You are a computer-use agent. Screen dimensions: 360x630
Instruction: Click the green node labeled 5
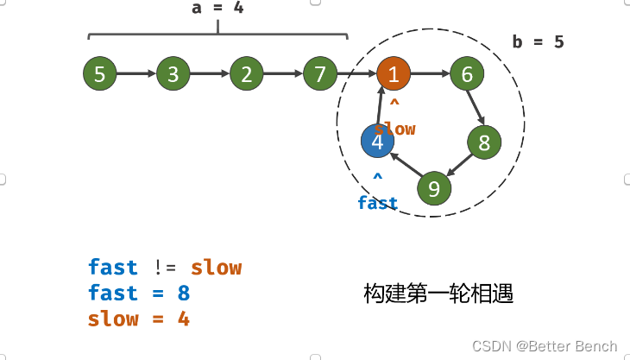pyautogui.click(x=100, y=74)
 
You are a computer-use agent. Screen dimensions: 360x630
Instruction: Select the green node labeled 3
pyautogui.click(x=173, y=74)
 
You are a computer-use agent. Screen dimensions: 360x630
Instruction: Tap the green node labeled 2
pyautogui.click(x=247, y=74)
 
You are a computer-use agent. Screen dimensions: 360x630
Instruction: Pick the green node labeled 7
pyautogui.click(x=320, y=74)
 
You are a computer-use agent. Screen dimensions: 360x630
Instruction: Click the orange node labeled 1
pyautogui.click(x=394, y=74)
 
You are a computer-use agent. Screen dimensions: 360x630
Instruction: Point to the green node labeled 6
pyautogui.click(x=467, y=74)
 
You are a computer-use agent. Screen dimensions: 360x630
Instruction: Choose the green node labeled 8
pyautogui.click(x=484, y=142)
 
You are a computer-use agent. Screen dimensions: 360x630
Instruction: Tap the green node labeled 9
pyautogui.click(x=434, y=187)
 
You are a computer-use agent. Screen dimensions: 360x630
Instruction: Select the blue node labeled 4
pyautogui.click(x=377, y=141)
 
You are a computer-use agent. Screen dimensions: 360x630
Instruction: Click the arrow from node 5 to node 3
pyautogui.click(x=136, y=74)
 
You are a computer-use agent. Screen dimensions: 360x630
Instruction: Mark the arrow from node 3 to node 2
pyautogui.click(x=210, y=74)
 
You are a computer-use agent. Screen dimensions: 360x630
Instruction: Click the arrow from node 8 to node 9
pyautogui.click(x=460, y=165)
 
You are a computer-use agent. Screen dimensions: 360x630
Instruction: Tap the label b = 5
pyautogui.click(x=537, y=41)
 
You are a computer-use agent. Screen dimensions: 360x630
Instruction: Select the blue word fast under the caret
pyautogui.click(x=378, y=203)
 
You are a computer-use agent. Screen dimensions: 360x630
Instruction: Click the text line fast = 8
pyautogui.click(x=138, y=294)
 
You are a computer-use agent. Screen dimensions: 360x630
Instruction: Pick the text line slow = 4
pyautogui.click(x=138, y=319)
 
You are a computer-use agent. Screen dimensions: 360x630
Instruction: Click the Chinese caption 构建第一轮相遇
pyautogui.click(x=438, y=294)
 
